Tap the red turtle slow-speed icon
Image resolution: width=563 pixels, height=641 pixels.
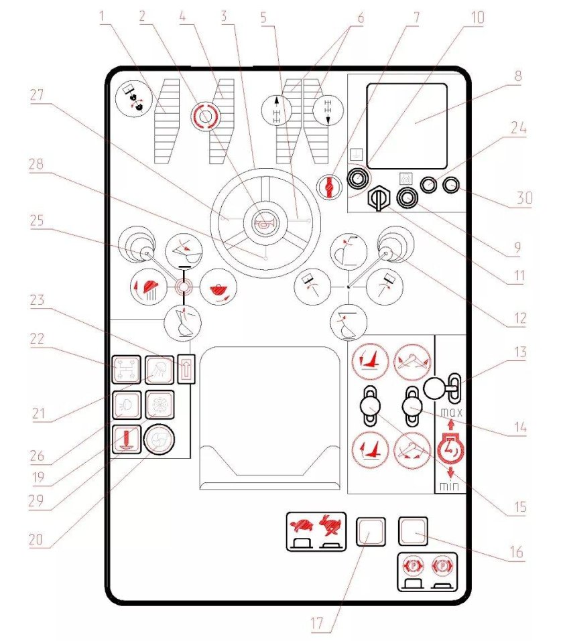click(301, 525)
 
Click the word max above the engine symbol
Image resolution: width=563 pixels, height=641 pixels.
click(451, 413)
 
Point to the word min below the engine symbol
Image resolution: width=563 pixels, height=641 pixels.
click(449, 486)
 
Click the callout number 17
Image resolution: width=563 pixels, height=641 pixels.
click(316, 624)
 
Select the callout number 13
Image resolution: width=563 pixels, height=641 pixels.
click(520, 352)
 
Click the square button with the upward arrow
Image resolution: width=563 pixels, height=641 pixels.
click(186, 369)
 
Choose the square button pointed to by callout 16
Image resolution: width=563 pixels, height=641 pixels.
click(414, 531)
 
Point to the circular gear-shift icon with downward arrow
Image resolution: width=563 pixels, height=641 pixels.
click(328, 109)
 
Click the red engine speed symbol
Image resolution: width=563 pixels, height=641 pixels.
click(451, 449)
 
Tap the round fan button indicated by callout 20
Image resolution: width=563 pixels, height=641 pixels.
click(159, 440)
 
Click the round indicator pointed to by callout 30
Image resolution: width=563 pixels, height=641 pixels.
click(451, 185)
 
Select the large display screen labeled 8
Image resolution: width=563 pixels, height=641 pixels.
click(407, 127)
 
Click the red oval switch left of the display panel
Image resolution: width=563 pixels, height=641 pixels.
click(329, 187)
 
